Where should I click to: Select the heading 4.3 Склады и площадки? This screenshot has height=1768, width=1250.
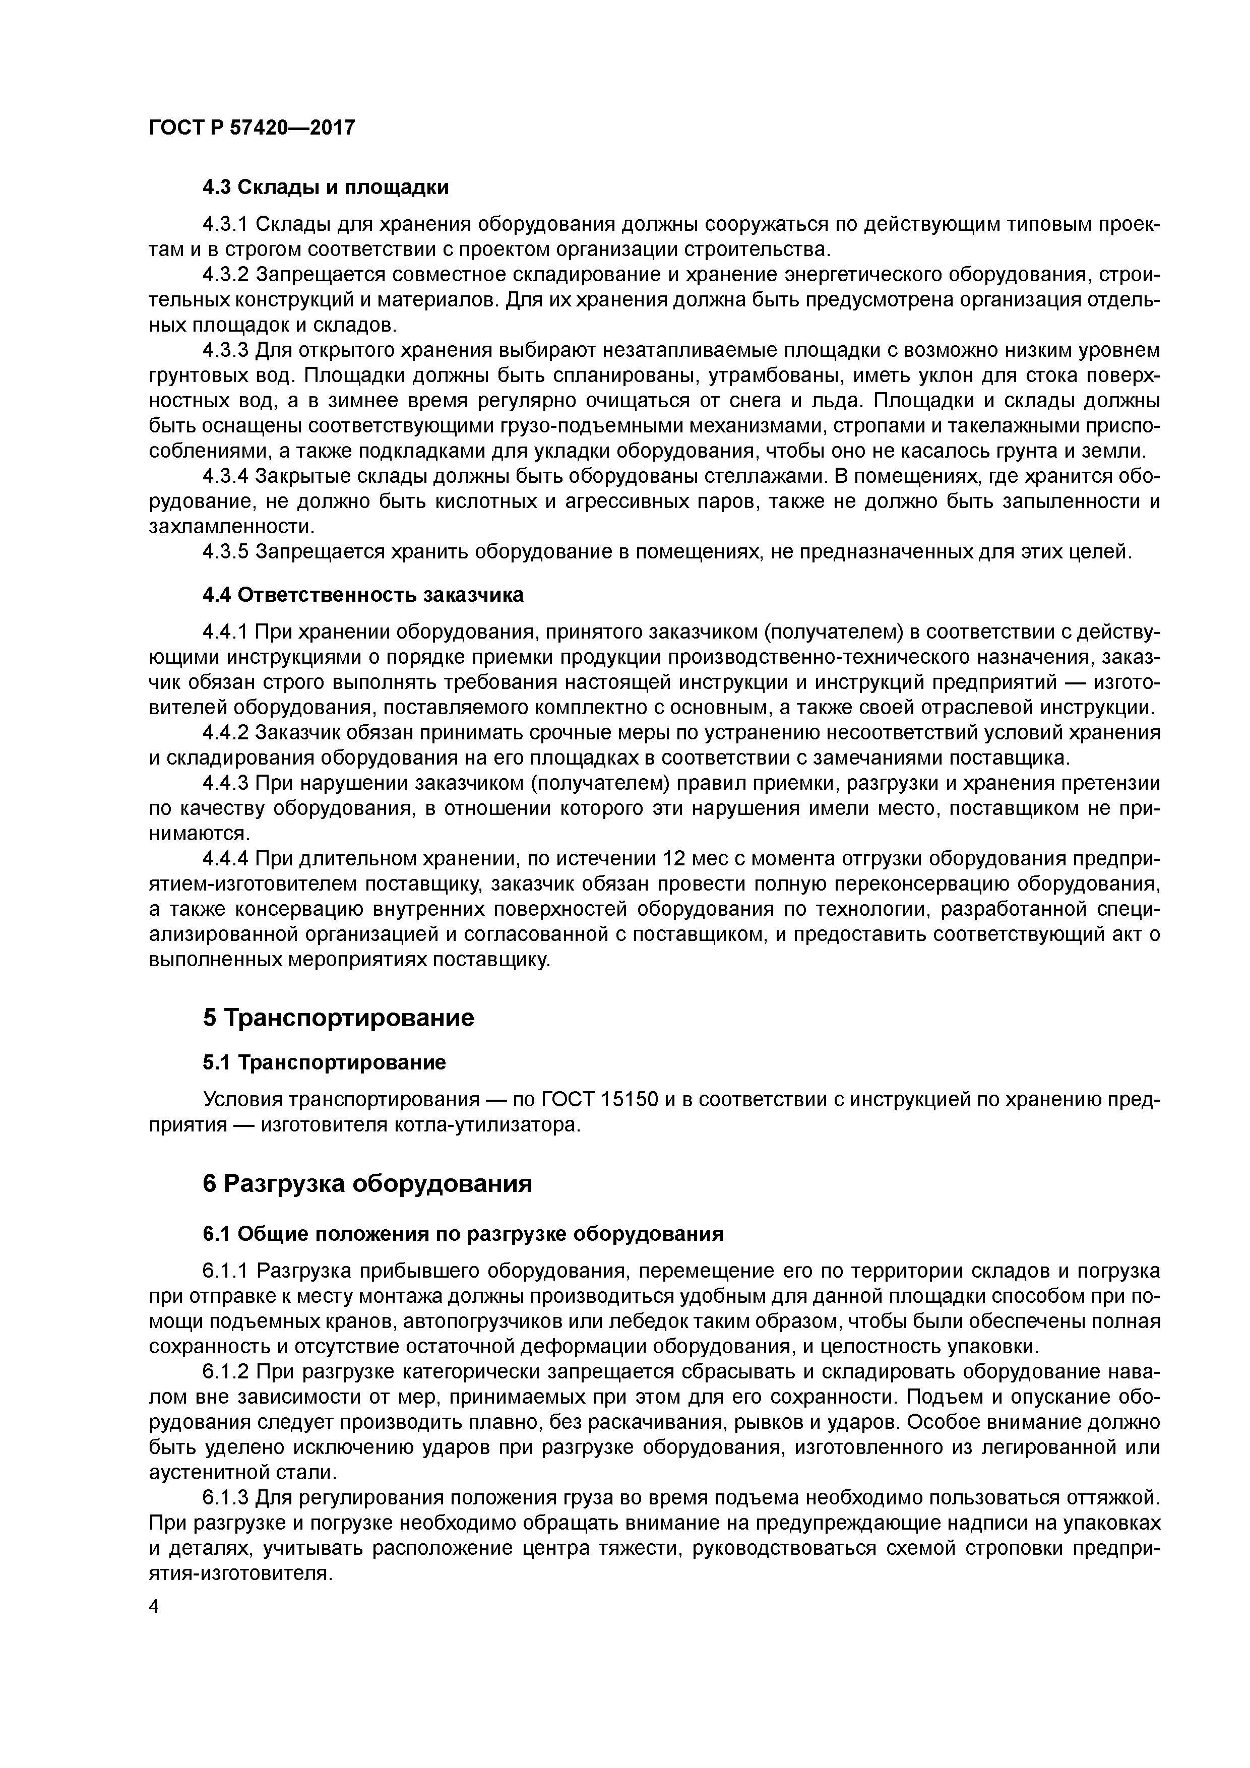coord(325,187)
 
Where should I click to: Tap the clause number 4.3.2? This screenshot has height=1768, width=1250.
coord(226,275)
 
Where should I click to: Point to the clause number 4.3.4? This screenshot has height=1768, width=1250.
coord(226,477)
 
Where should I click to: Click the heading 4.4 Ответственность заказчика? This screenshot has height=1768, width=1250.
coord(362,595)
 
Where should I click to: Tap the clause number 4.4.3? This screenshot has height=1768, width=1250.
coord(226,783)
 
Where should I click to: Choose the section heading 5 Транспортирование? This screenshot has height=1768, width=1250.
coord(338,1018)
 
